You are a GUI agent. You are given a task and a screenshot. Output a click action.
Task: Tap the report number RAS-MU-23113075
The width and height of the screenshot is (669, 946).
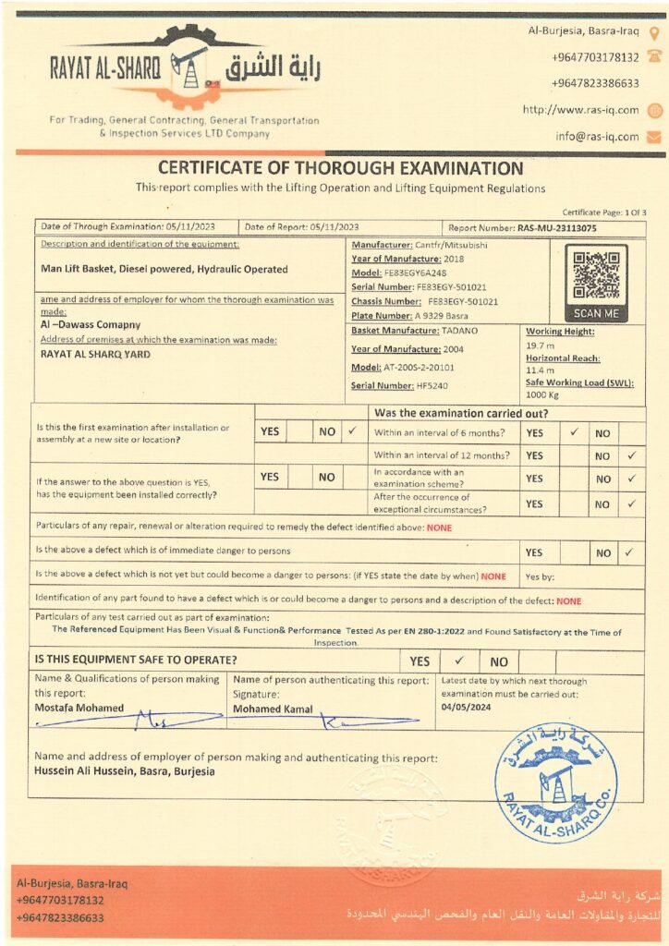tap(556, 227)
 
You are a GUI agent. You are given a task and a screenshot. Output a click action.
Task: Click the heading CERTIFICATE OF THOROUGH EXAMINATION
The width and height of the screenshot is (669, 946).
tap(340, 168)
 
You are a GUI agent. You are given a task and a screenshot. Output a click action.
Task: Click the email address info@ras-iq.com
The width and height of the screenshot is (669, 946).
tap(596, 136)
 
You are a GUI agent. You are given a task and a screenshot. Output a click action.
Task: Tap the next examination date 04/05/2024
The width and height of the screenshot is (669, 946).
tap(466, 708)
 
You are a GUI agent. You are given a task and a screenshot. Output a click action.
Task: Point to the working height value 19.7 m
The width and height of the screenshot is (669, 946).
tap(540, 344)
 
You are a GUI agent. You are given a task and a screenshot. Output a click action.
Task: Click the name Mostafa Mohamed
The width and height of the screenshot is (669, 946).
tap(79, 708)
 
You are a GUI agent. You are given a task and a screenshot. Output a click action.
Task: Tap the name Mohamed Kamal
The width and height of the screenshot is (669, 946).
tap(273, 709)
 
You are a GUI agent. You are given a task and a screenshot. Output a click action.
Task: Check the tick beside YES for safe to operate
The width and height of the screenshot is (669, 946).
tap(459, 661)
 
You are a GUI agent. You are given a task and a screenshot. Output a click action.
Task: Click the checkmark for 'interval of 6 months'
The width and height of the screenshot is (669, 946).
tap(574, 431)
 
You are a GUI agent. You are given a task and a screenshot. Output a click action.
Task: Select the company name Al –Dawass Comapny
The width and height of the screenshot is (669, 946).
tap(91, 325)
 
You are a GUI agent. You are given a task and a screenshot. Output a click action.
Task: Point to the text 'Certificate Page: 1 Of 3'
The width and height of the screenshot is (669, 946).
tap(604, 212)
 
